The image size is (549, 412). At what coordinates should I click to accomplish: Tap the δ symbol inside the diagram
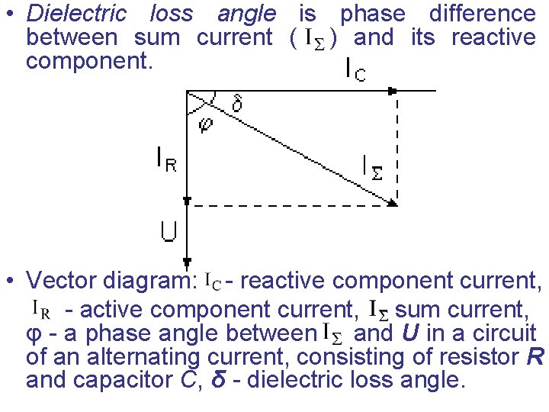tap(237, 104)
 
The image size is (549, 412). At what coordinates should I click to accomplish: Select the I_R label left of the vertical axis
tap(166, 160)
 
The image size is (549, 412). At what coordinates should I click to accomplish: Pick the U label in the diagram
tap(169, 230)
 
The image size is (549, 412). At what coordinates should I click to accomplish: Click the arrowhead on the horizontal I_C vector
tap(393, 91)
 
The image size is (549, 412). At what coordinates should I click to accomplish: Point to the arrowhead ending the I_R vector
tap(188, 201)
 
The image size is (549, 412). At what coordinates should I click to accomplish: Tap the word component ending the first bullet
tap(89, 61)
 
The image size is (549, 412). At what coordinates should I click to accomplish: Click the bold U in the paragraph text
tap(409, 333)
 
